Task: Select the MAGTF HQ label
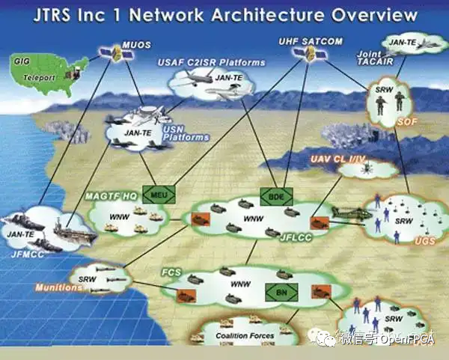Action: pyautogui.click(x=110, y=195)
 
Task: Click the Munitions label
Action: pyautogui.click(x=53, y=287)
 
